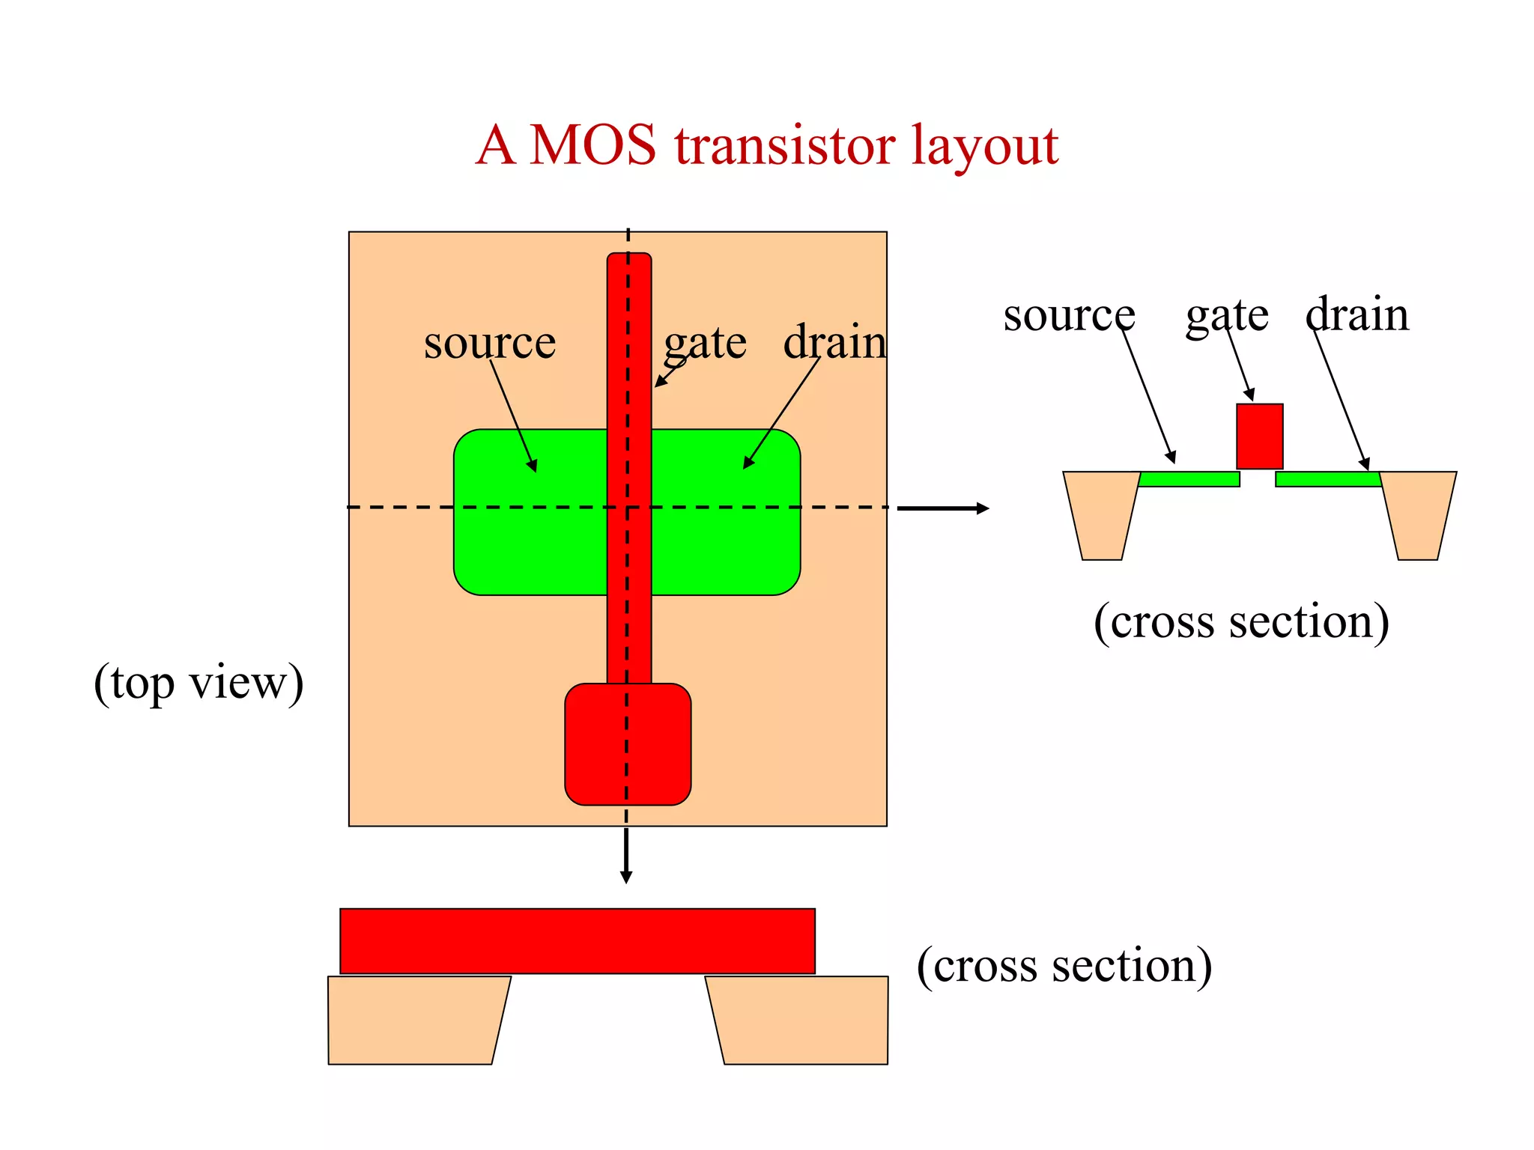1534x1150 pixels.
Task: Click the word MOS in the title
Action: coord(592,144)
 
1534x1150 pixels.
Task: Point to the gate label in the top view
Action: coord(705,344)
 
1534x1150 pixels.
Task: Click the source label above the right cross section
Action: coord(1069,315)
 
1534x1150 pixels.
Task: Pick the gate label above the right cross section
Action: coord(1226,315)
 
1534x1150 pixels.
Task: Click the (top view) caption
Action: coord(198,683)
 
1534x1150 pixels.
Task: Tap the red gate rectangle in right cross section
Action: coord(1259,436)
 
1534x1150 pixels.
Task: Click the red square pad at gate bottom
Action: coord(628,744)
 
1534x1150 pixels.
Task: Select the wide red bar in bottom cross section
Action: coord(577,941)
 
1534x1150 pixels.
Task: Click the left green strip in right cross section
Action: coord(1189,479)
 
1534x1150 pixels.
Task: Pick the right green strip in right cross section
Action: coord(1327,479)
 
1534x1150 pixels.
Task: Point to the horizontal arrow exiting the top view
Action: coord(942,508)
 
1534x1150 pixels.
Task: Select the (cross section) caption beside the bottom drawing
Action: coord(1064,965)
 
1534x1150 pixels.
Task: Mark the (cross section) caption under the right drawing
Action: coord(1241,621)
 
